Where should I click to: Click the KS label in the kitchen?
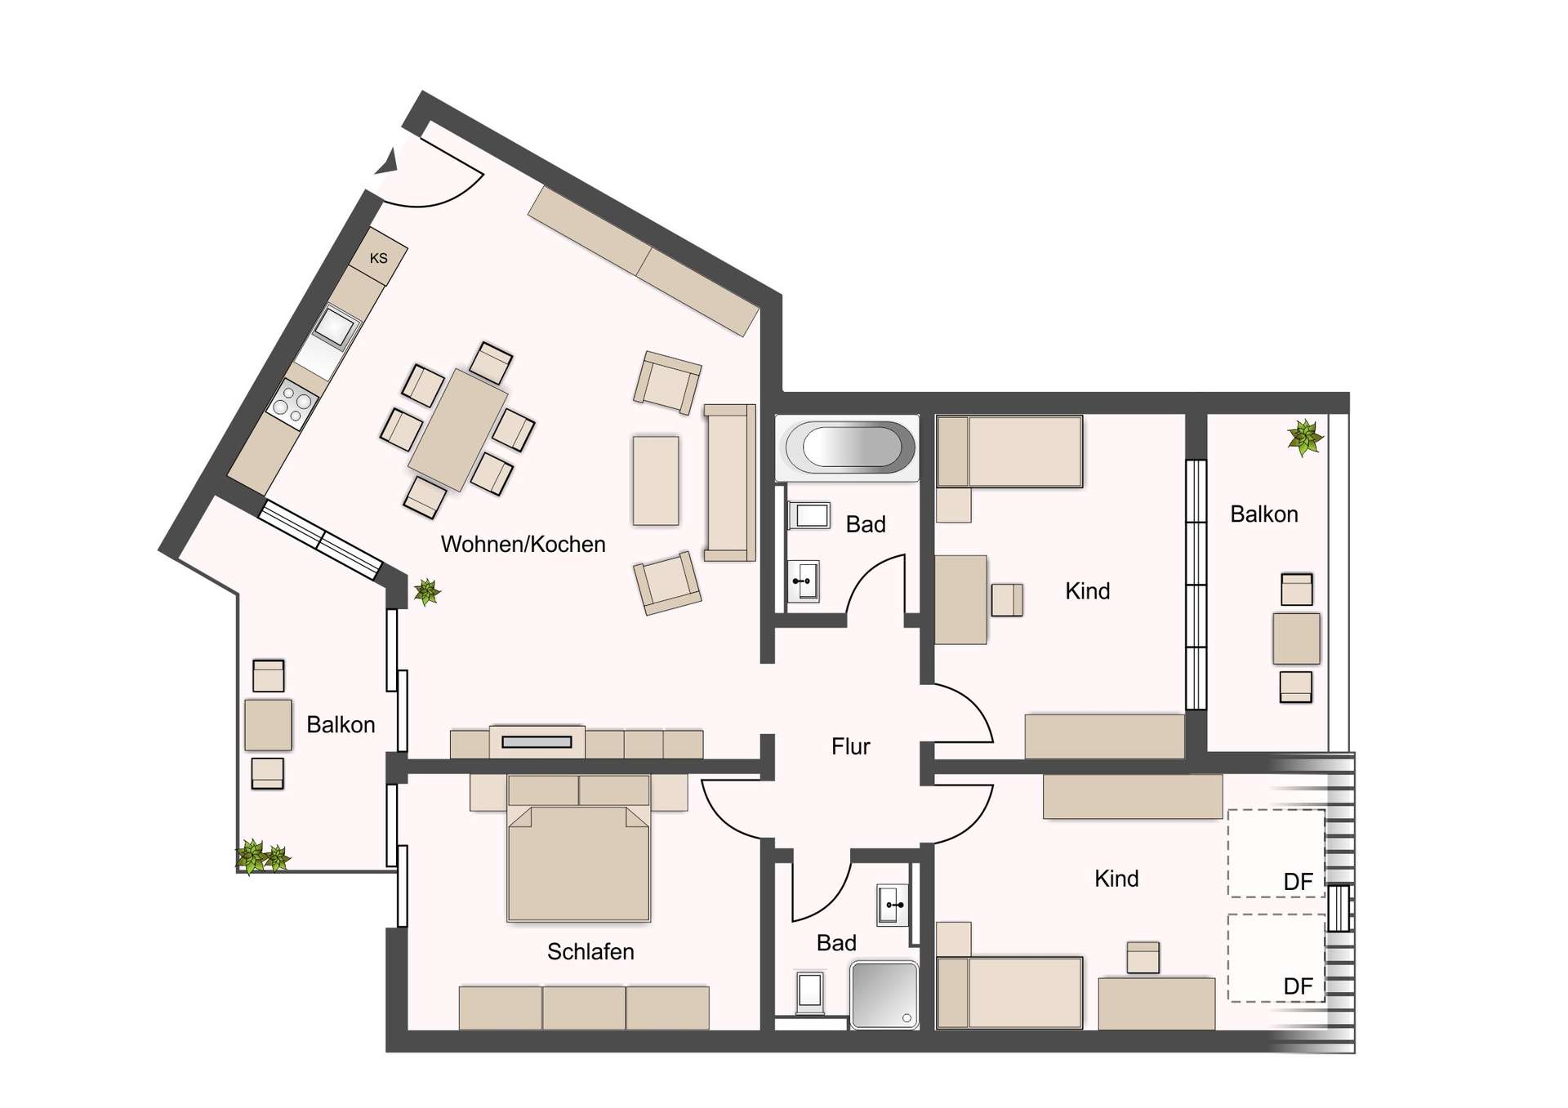(378, 259)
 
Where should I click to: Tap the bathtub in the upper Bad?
(847, 447)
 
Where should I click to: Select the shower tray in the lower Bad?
(884, 994)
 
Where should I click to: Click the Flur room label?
(850, 746)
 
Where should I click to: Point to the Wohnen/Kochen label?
(523, 545)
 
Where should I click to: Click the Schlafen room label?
(590, 952)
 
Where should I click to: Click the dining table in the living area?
(457, 429)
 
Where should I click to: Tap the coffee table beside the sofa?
(656, 481)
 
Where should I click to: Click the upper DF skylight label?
(1297, 882)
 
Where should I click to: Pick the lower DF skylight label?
(1297, 986)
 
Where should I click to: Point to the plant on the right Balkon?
(1305, 438)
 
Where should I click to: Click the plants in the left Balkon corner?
(262, 857)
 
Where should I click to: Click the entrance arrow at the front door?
(387, 162)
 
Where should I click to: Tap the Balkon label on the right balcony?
(1263, 514)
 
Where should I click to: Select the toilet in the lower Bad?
(809, 991)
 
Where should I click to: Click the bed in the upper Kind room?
(1009, 452)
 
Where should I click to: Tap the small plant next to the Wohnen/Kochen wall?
(426, 591)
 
